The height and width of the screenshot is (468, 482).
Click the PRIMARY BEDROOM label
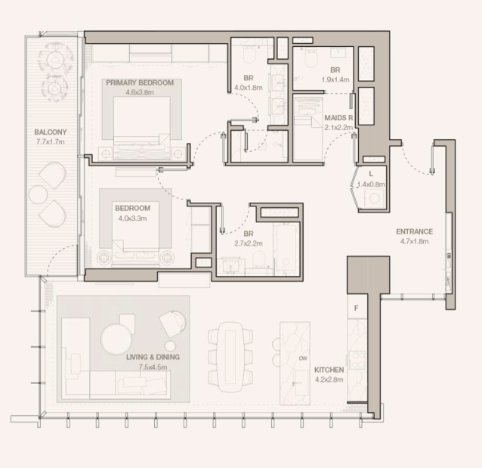tap(140, 82)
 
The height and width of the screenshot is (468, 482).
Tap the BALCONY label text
tap(51, 132)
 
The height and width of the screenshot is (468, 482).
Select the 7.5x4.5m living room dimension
tap(153, 367)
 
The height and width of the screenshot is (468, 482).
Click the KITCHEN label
tap(329, 370)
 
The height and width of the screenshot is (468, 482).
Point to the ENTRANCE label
tap(414, 231)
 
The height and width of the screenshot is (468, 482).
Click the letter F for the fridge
tap(357, 308)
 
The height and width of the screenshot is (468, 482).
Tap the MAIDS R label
tap(338, 118)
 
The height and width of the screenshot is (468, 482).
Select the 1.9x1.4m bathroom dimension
tap(335, 79)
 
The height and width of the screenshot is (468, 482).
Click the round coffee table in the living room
tap(116, 339)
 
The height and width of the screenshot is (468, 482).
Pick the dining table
tap(230, 357)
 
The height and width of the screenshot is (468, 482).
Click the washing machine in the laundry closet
tap(374, 198)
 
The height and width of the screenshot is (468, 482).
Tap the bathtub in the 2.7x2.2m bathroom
tap(286, 249)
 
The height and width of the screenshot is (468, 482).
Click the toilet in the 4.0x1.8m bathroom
tap(249, 54)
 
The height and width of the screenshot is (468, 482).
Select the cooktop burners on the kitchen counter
tap(357, 360)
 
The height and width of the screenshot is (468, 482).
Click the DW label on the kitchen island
tap(303, 358)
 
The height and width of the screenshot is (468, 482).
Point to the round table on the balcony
tap(38, 195)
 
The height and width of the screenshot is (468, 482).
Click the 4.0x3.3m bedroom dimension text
tap(132, 219)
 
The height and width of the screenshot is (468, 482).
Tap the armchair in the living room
tap(173, 324)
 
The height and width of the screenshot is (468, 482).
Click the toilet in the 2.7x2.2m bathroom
tap(259, 259)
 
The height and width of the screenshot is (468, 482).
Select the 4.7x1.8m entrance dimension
tap(414, 241)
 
